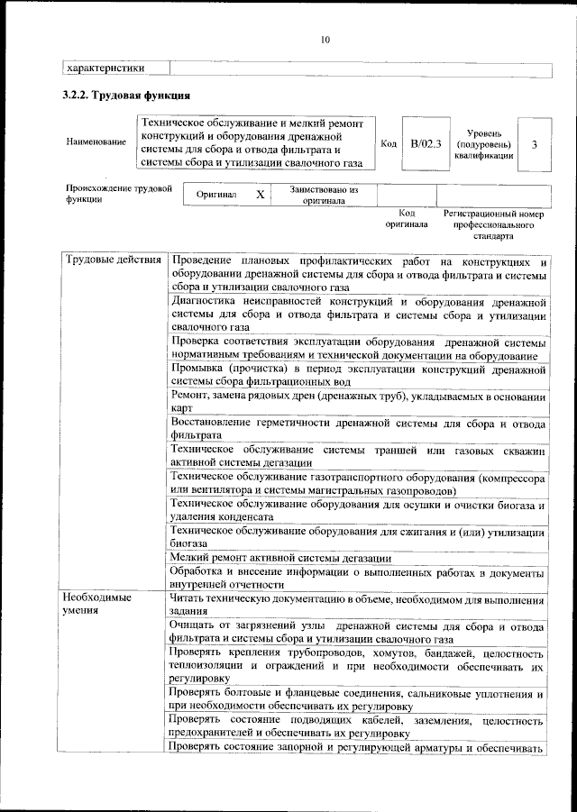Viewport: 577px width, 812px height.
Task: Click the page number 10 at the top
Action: click(325, 39)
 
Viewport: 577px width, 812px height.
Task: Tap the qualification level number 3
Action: click(535, 143)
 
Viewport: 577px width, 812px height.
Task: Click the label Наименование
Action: click(96, 142)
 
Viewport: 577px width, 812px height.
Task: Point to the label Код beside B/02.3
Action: click(389, 143)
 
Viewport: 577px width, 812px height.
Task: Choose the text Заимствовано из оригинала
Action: click(323, 196)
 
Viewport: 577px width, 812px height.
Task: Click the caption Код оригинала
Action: click(407, 218)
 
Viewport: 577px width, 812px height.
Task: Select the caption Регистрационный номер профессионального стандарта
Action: click(495, 224)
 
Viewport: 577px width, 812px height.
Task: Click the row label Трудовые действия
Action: click(113, 260)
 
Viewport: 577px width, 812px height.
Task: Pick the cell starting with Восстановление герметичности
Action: click(357, 431)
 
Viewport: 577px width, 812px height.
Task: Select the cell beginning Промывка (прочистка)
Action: click(357, 375)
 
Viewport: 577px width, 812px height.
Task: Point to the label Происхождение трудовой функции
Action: click(117, 195)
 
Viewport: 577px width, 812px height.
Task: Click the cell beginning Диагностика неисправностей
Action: click(357, 315)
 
